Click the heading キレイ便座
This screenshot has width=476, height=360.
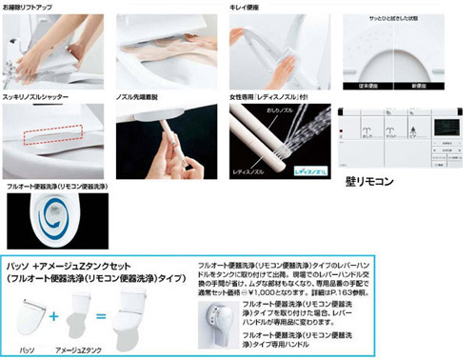247,7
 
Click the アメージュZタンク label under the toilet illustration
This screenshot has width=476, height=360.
83,350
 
